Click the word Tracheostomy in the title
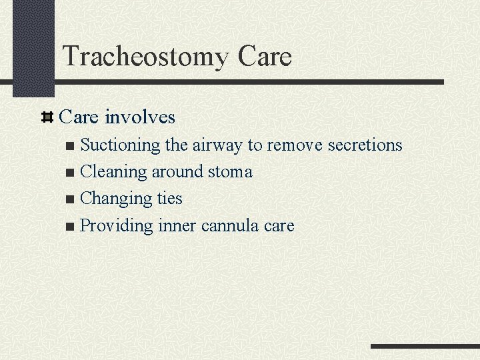(x=145, y=57)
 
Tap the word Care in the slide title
(x=264, y=57)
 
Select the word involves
(x=140, y=117)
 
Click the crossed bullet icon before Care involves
(x=47, y=118)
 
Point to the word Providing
(x=117, y=226)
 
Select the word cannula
(x=230, y=226)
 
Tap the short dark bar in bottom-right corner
(x=425, y=346)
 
